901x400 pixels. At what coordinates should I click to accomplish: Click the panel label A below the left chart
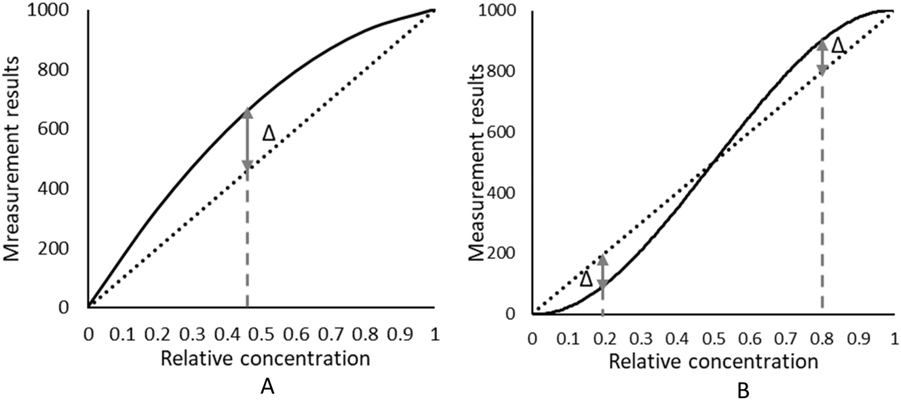pyautogui.click(x=267, y=386)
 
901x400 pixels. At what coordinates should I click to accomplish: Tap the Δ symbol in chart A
pyautogui.click(x=269, y=134)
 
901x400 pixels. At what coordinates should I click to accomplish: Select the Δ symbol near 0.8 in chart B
pyautogui.click(x=839, y=46)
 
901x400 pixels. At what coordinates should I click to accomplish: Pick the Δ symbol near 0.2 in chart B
pyautogui.click(x=587, y=279)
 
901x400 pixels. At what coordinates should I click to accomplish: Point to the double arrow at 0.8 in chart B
pyautogui.click(x=822, y=57)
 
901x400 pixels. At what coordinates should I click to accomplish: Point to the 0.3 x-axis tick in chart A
pyautogui.click(x=192, y=333)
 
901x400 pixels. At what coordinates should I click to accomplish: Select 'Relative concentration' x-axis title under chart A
pyautogui.click(x=265, y=359)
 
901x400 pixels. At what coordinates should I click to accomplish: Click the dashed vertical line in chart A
pyautogui.click(x=247, y=244)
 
